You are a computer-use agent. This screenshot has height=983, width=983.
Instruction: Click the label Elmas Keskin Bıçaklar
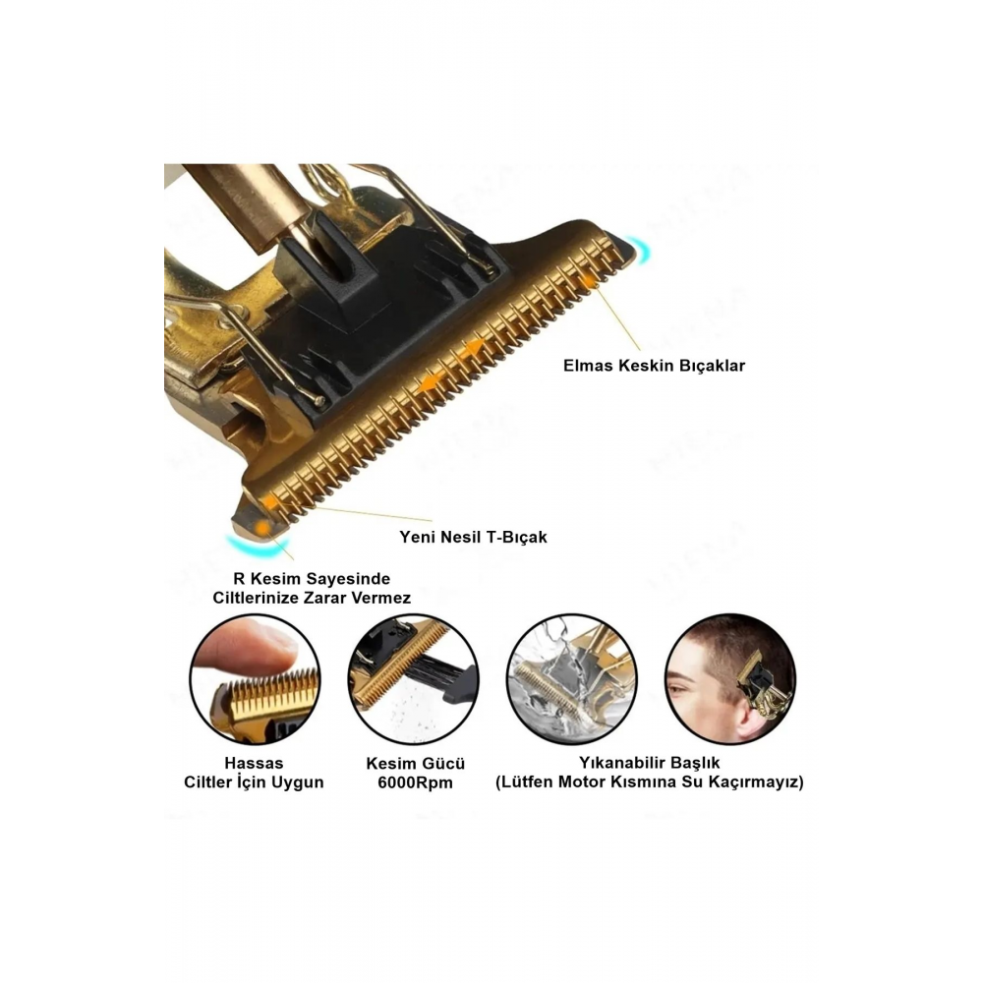pos(654,366)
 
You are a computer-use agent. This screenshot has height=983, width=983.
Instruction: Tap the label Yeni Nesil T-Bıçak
pos(474,537)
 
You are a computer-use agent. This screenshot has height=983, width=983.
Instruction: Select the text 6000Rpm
pos(415,782)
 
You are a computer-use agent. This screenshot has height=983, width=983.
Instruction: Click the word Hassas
pos(254,763)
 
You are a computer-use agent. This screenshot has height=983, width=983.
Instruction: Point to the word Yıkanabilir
pos(614,763)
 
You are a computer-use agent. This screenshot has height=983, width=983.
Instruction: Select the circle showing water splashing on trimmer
pos(571,679)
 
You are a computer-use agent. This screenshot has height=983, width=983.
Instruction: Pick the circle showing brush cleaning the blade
pos(413,679)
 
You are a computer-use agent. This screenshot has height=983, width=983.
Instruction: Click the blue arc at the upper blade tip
pos(644,250)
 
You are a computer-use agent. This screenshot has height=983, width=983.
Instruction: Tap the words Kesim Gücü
pos(416,764)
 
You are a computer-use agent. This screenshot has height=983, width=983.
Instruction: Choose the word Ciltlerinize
pos(256,598)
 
